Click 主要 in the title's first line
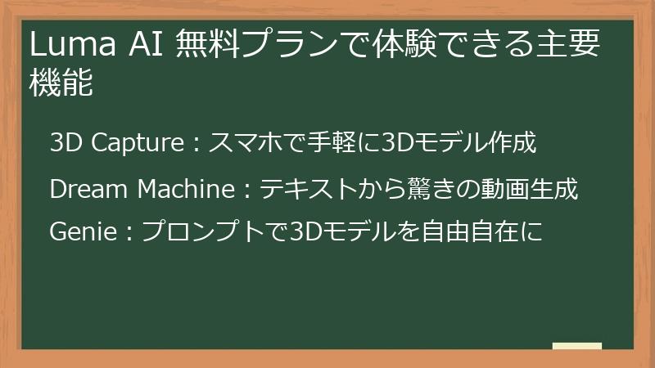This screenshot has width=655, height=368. (573, 44)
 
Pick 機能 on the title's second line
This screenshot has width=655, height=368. (61, 83)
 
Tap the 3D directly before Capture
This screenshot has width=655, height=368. (65, 143)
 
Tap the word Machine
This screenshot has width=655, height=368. (186, 190)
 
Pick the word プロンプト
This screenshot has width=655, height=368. (211, 232)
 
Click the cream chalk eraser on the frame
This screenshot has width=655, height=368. (576, 346)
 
